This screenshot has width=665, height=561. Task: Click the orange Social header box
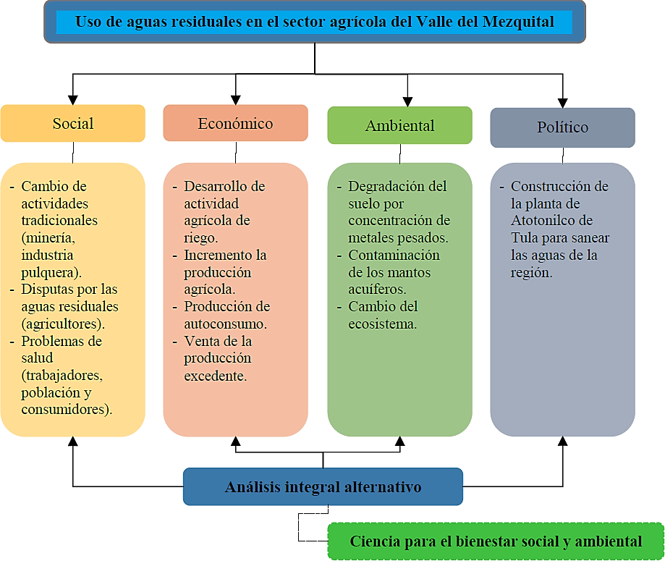(x=72, y=123)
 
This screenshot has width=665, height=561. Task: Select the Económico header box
(x=235, y=123)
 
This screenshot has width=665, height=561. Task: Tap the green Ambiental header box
(x=399, y=125)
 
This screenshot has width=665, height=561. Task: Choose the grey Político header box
(x=562, y=127)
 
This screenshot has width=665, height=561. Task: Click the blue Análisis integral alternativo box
(x=323, y=486)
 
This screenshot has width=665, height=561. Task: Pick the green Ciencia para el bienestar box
(x=496, y=541)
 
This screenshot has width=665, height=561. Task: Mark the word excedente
(x=215, y=375)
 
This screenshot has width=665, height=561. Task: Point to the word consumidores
(x=65, y=410)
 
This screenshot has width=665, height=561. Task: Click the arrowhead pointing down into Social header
(x=72, y=99)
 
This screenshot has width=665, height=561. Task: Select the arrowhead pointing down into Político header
(x=562, y=102)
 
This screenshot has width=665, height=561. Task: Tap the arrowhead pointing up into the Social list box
(x=72, y=442)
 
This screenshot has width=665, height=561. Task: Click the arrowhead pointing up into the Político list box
(x=562, y=442)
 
